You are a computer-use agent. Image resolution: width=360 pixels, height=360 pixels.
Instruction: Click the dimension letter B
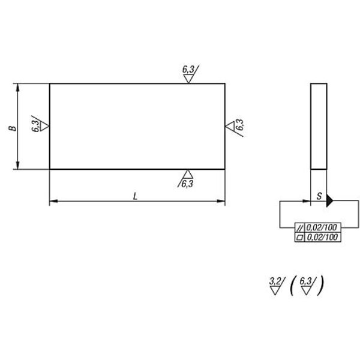(x=13, y=128)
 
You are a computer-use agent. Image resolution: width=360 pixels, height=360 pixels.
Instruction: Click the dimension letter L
(x=136, y=196)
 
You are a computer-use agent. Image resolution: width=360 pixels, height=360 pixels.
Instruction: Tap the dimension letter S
(x=319, y=196)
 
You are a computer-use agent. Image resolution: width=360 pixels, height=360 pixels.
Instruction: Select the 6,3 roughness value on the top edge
(x=188, y=70)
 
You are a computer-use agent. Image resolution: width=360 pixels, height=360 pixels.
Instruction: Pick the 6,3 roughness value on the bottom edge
(x=187, y=184)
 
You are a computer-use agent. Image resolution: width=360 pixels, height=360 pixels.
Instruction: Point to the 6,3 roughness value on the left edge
(x=35, y=126)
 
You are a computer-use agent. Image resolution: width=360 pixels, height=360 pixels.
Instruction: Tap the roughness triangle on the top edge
(x=188, y=78)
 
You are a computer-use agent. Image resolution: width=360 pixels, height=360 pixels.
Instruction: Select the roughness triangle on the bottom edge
(x=188, y=174)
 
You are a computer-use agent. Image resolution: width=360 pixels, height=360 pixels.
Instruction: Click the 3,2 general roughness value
(x=275, y=281)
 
